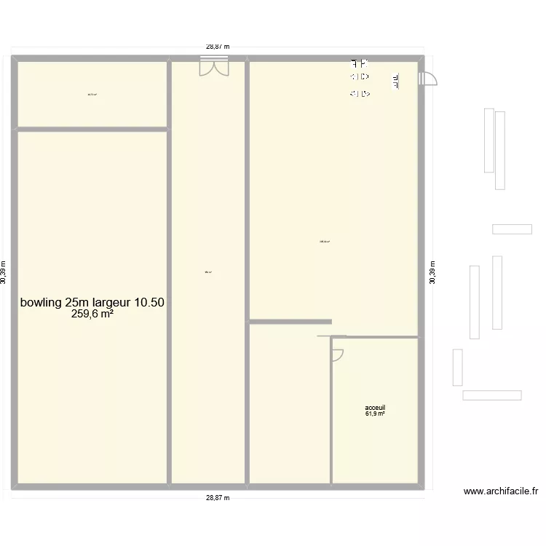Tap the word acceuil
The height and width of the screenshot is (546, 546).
pos(375,408)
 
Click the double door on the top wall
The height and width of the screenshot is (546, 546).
pos(211,67)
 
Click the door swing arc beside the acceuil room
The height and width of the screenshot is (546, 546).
pos(338,355)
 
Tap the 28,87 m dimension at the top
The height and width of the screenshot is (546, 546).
pos(217,47)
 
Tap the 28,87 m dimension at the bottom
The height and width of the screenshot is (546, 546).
pos(217,498)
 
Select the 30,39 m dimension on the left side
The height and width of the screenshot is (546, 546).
pos(4,273)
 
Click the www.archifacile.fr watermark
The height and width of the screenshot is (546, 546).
pos(500,491)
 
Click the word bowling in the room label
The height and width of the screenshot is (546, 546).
pos(41,302)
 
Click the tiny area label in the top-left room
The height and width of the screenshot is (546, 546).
pos(92,94)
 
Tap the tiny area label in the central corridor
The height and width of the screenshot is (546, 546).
pos(208,272)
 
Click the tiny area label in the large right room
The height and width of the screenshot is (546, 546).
pos(325,242)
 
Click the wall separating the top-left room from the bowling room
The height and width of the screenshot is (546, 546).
pos(92,130)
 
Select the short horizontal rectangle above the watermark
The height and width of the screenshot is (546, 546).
pos(491,395)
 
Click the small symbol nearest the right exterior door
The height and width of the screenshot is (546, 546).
pos(397,82)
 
